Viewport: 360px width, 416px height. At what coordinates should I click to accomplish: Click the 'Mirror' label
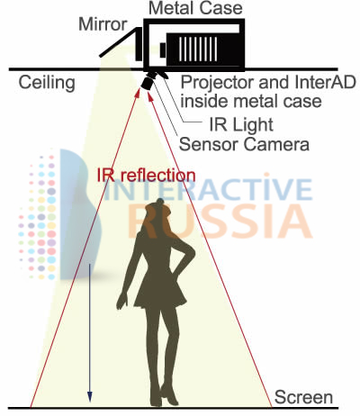[x=103, y=24]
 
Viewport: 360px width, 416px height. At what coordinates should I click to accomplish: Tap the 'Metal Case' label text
[x=195, y=8]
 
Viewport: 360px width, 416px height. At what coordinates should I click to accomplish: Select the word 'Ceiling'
[x=47, y=82]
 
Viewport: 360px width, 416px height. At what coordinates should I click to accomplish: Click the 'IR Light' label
[x=241, y=124]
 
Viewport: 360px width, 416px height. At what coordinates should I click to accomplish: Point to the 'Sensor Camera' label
[x=244, y=144]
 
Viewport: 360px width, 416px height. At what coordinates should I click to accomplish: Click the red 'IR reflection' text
[x=146, y=175]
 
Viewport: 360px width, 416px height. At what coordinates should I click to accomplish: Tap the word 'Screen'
[x=303, y=397]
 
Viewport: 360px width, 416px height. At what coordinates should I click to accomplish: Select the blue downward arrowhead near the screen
[x=89, y=396]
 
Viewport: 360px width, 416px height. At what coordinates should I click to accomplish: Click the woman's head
[x=158, y=211]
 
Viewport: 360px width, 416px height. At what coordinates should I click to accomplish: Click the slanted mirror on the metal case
[x=120, y=42]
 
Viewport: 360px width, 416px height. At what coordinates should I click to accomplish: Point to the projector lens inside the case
[x=163, y=50]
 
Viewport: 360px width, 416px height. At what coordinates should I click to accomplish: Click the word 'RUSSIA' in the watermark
[x=220, y=222]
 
